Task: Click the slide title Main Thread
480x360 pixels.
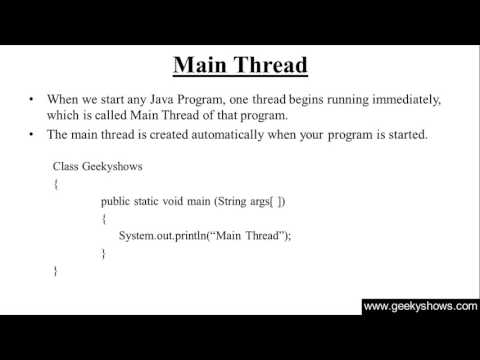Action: (240, 66)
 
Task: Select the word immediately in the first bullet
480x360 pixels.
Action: (407, 100)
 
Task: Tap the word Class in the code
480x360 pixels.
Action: (68, 166)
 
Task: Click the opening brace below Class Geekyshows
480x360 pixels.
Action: (55, 184)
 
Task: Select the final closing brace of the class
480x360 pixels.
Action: (55, 271)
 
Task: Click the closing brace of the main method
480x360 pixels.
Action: (103, 253)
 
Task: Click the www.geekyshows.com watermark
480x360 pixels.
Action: (419, 307)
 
